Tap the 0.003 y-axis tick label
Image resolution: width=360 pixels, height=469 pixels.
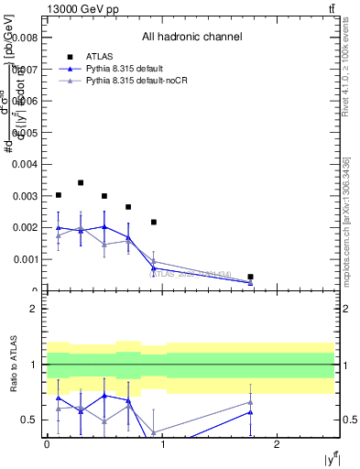[x=25, y=196]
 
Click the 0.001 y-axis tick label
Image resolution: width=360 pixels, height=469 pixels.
[x=25, y=259]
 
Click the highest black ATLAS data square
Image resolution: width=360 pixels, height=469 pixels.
[x=81, y=183]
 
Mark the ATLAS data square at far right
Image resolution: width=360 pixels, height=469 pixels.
[x=250, y=277]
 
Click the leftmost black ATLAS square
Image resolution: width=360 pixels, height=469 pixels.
[x=59, y=195]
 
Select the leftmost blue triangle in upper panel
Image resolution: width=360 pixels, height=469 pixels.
[x=59, y=228]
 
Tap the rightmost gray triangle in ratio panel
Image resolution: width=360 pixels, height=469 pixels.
[x=250, y=402]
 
